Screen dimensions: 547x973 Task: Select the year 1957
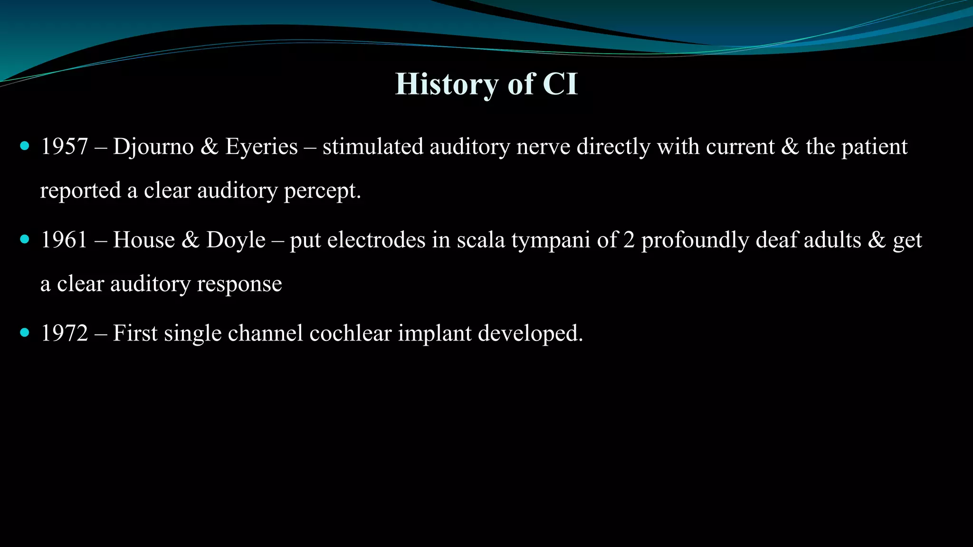point(64,147)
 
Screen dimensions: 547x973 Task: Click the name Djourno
point(153,147)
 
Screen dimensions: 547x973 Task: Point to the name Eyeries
point(261,147)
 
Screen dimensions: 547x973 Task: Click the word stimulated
point(372,147)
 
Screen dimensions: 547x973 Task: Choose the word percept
point(322,191)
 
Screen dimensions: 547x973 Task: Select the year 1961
point(64,240)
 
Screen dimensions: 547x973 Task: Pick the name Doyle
point(236,240)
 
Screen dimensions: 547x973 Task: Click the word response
point(239,284)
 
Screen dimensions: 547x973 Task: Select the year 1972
point(64,333)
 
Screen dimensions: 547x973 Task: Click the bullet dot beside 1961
point(25,239)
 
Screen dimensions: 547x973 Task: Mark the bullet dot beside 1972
point(25,332)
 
